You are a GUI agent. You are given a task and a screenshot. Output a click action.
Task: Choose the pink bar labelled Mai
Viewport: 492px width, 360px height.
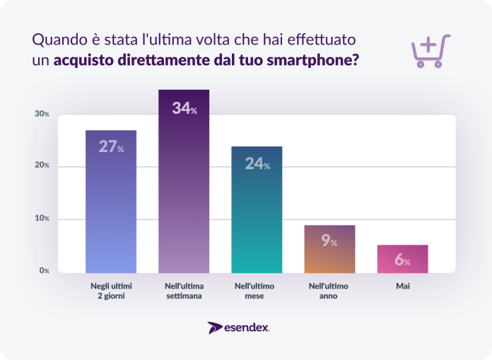click(403, 259)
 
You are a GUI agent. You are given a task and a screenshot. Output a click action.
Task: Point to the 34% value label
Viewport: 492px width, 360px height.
click(184, 109)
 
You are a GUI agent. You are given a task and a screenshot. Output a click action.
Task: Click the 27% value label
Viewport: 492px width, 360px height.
click(111, 147)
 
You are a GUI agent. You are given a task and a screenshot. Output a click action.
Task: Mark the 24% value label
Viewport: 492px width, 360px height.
click(257, 163)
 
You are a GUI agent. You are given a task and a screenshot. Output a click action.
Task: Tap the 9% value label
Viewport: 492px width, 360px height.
click(329, 240)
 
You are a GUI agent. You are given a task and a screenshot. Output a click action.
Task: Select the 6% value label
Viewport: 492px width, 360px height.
click(402, 260)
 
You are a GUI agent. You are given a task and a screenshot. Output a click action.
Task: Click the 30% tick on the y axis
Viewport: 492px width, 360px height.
click(42, 114)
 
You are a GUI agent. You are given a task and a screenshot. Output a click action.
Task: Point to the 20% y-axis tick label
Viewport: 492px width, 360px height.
click(42, 166)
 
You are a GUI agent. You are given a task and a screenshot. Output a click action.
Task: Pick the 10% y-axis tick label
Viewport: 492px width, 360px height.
click(42, 219)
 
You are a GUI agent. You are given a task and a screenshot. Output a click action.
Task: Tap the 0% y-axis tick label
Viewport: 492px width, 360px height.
click(44, 271)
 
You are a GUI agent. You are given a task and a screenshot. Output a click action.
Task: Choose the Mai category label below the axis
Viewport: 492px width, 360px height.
click(403, 286)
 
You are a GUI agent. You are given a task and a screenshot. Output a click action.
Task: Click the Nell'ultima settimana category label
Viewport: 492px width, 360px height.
click(184, 291)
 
